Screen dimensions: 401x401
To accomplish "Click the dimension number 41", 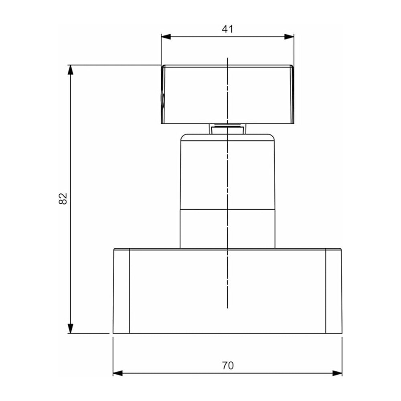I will (x=227, y=29).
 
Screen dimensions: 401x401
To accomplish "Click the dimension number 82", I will (x=63, y=198).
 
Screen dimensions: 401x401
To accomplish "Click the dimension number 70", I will (x=227, y=365).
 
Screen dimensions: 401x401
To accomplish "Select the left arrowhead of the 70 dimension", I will (x=117, y=373).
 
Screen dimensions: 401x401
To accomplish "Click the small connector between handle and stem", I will (x=227, y=128).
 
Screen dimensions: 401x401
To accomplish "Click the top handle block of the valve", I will (x=192, y=94).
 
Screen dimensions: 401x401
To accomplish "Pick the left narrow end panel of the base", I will (x=121, y=291).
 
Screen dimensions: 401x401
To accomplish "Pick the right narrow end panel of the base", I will (x=334, y=291).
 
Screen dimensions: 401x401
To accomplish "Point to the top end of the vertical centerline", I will (x=227, y=59).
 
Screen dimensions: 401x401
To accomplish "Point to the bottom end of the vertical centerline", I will (x=227, y=308).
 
